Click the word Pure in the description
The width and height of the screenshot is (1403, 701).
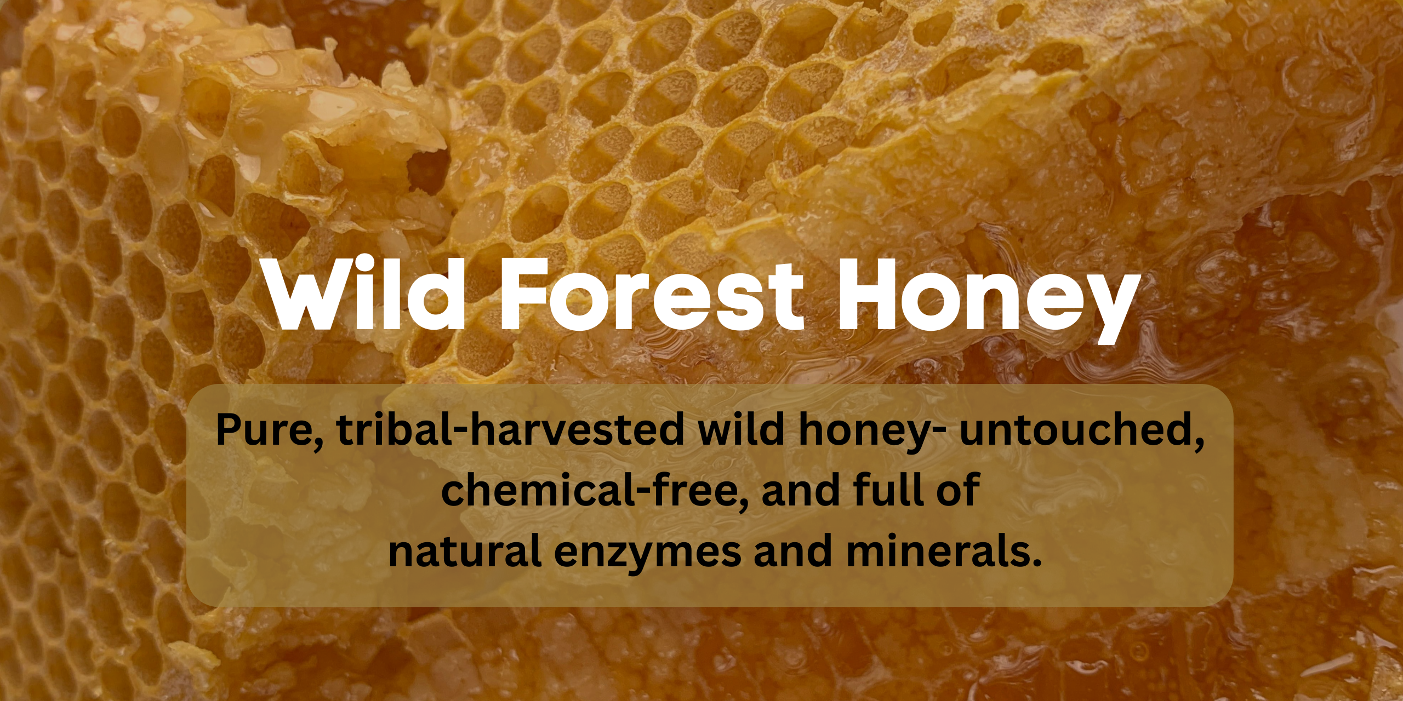(x=270, y=430)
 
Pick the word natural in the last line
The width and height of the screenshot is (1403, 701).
(x=465, y=550)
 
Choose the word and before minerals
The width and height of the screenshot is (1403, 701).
(x=794, y=550)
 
